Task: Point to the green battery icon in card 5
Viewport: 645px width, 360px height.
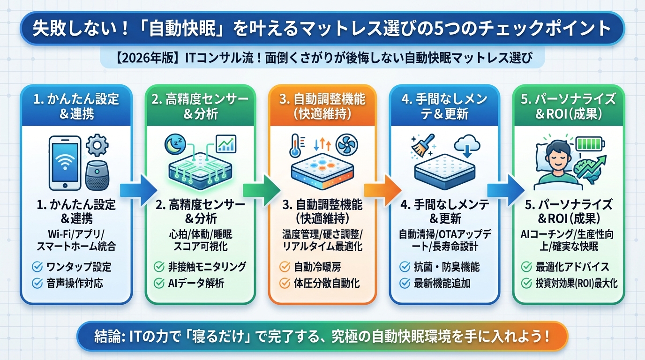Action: click(590, 142)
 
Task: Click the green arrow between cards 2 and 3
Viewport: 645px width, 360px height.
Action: click(261, 188)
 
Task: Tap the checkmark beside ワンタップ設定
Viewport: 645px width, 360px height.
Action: click(37, 267)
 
